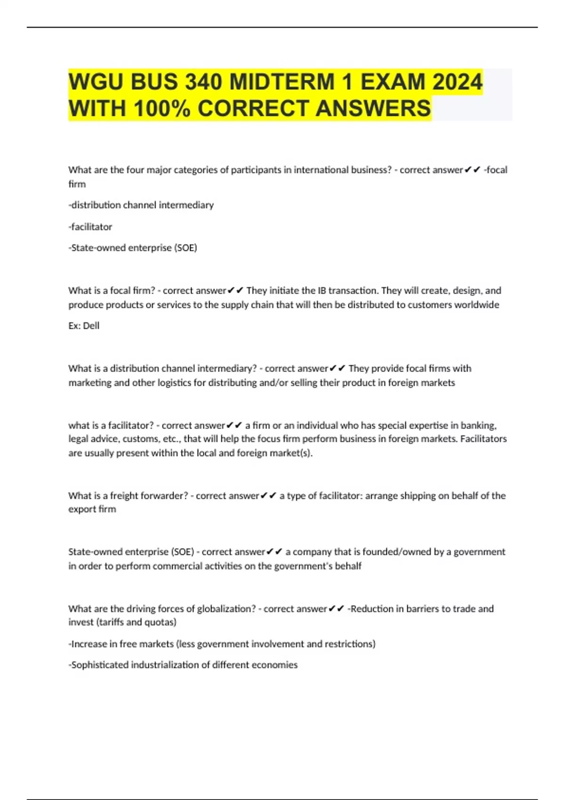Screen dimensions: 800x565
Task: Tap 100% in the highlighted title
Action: tap(161, 109)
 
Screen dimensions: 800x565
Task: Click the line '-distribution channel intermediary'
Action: tap(141, 205)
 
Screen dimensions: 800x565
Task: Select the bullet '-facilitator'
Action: tap(90, 227)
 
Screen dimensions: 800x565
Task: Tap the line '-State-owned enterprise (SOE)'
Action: tap(133, 248)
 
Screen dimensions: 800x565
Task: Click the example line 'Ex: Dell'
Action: tap(84, 326)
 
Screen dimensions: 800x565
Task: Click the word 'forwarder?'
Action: tap(162, 496)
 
